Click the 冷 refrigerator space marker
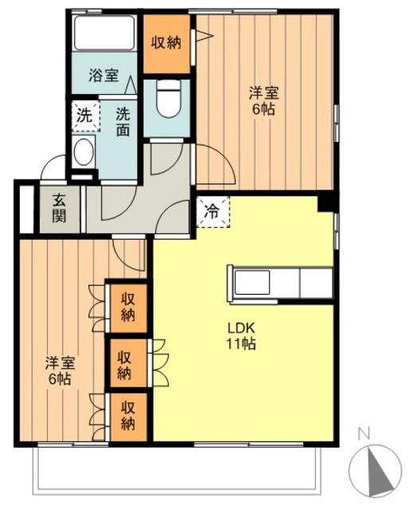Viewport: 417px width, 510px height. pyautogui.click(x=212, y=212)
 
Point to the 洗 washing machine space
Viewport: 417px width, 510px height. pyautogui.click(x=84, y=114)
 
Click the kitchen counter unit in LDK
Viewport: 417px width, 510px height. pyautogui.click(x=281, y=282)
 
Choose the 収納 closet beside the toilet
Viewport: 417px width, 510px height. pyautogui.click(x=166, y=43)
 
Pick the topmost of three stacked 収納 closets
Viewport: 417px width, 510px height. pyautogui.click(x=128, y=308)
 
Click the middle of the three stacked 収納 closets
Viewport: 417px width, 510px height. pyautogui.click(x=127, y=363)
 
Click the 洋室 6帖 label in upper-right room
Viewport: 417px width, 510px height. pyautogui.click(x=263, y=102)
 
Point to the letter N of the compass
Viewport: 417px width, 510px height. pyautogui.click(x=364, y=434)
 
